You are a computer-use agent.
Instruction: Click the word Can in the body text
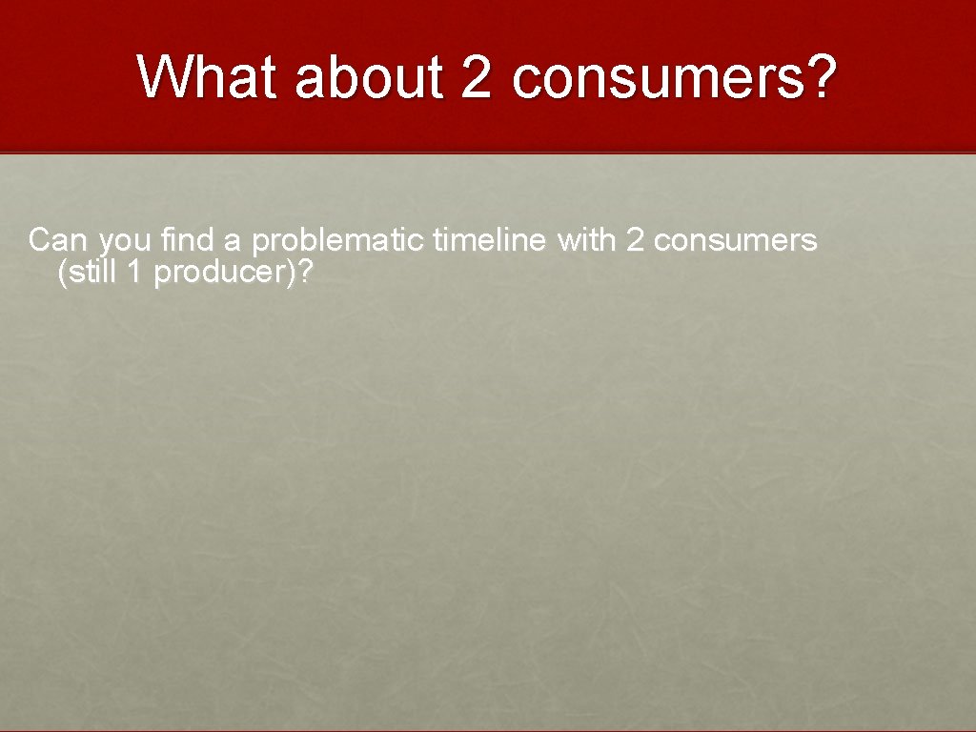coord(54,240)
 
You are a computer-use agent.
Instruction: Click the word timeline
coord(490,240)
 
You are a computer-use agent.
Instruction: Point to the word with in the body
coord(587,240)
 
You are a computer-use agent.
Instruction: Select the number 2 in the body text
coord(635,240)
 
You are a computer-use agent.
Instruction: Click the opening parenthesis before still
coord(62,274)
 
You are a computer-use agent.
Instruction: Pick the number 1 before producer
coord(135,273)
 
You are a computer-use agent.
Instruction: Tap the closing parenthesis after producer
coord(293,274)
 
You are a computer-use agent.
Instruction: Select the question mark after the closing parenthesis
coord(305,273)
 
